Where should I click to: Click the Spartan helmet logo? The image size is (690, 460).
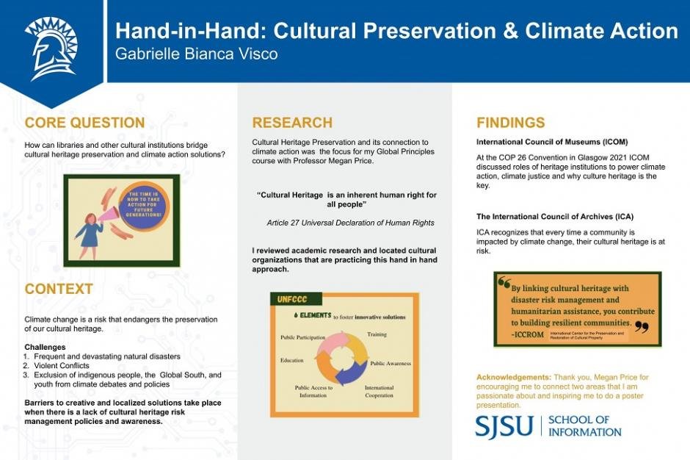pos(51,46)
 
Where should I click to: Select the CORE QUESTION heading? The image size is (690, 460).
pos(84,122)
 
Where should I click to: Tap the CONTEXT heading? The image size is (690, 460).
pos(59,289)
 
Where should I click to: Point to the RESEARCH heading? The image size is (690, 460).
pos(292,122)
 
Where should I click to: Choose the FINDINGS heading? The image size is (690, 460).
pos(511,122)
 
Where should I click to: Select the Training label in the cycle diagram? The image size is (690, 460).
pos(377,334)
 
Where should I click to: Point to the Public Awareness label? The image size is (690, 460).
pos(391,363)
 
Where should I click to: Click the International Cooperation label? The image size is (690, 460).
pos(379,392)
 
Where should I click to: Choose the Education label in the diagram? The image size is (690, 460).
pos(291,361)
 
